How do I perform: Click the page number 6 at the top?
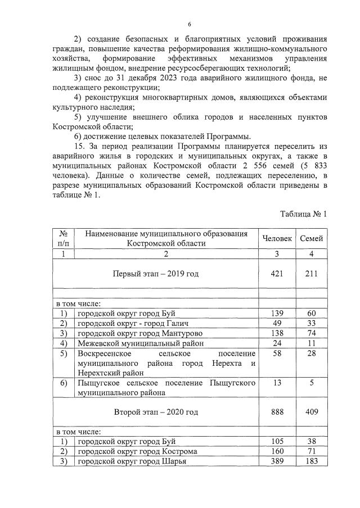click(x=190, y=24)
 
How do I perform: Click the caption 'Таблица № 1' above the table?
click(x=303, y=214)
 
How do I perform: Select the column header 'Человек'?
click(x=277, y=239)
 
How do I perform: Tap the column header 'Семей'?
click(x=311, y=239)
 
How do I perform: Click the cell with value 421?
click(x=277, y=274)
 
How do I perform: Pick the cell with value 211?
click(x=311, y=274)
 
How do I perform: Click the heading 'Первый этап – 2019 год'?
click(x=156, y=274)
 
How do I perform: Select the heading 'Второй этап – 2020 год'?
click(x=156, y=412)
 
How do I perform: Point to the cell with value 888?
click(x=277, y=412)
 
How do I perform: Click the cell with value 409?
click(x=311, y=412)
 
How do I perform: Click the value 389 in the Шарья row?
click(x=277, y=461)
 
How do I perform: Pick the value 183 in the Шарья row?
click(x=311, y=461)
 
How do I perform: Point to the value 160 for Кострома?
click(x=277, y=451)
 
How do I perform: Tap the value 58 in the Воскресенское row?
click(x=277, y=353)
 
